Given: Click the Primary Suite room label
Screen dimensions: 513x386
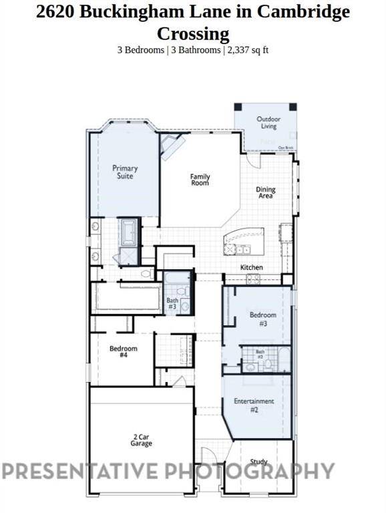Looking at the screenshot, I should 125,172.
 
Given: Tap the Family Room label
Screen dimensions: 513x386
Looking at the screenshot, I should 200,180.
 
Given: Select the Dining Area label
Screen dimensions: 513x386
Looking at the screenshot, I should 266,193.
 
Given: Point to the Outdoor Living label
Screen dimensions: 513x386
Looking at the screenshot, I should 269,123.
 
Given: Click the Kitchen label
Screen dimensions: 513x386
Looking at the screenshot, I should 252,268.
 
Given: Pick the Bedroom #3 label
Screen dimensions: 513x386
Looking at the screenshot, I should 262,318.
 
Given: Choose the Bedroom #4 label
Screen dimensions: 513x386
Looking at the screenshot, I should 124,352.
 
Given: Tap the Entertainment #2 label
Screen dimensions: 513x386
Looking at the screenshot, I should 254,405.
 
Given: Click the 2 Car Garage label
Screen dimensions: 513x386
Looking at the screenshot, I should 142,440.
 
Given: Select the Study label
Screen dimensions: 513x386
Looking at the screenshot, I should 258,462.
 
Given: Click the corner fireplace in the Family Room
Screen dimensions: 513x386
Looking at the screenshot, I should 172,146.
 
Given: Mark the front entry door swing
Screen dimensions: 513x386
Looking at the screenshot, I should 209,458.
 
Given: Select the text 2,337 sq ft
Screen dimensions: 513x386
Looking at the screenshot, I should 248,49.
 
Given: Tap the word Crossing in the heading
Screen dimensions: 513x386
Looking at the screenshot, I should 193,33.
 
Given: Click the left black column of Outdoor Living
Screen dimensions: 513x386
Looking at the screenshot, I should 238,108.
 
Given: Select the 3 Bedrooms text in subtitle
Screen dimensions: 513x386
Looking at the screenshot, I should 140,49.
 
